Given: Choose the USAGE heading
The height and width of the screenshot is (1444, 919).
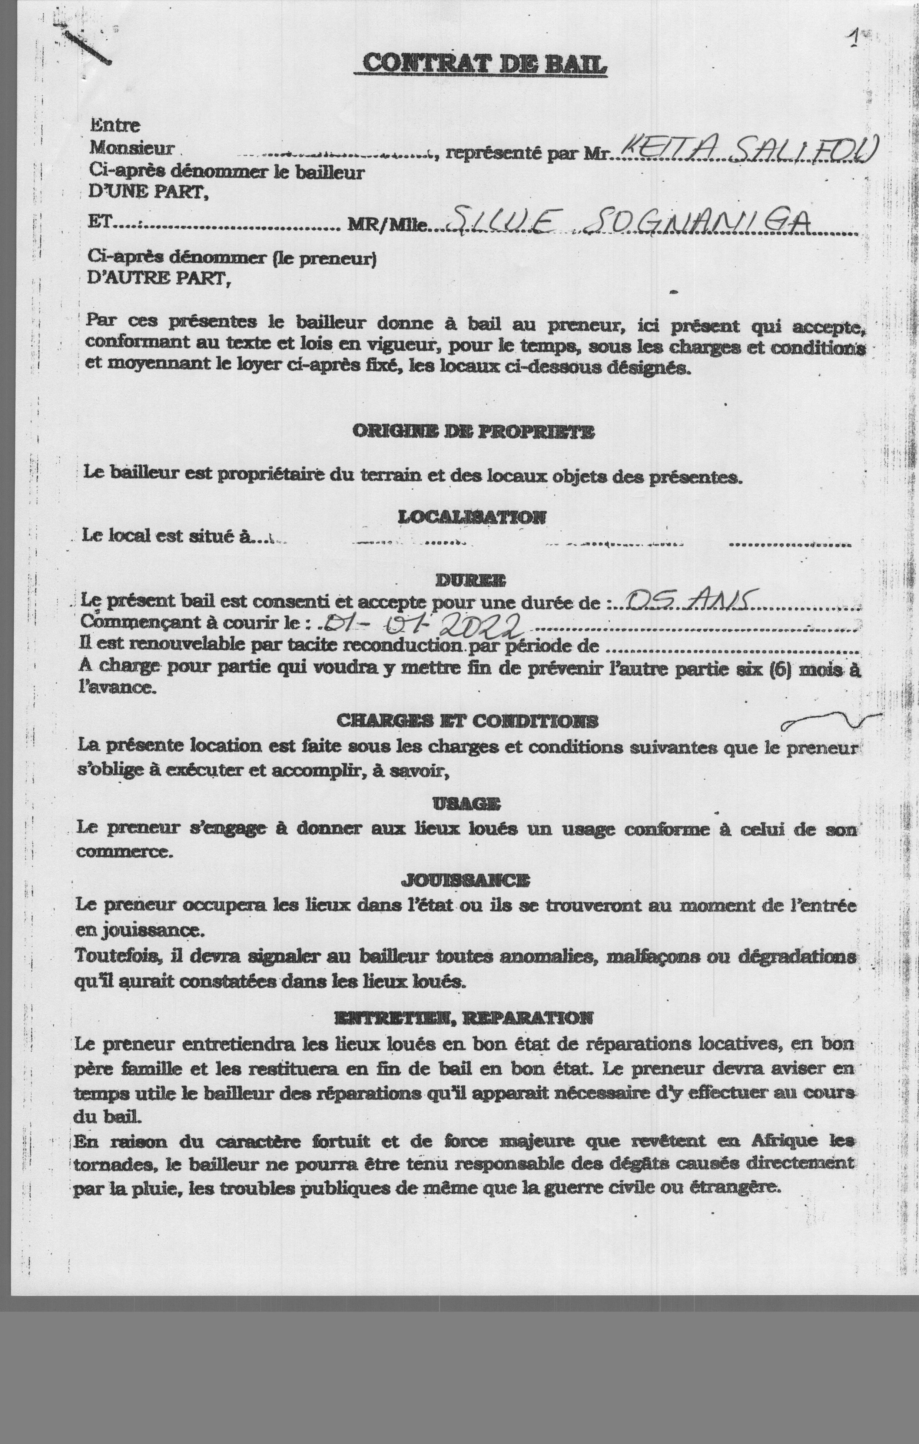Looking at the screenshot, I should click(466, 804).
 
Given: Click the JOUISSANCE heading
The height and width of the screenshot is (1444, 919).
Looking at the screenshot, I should click(465, 881).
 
